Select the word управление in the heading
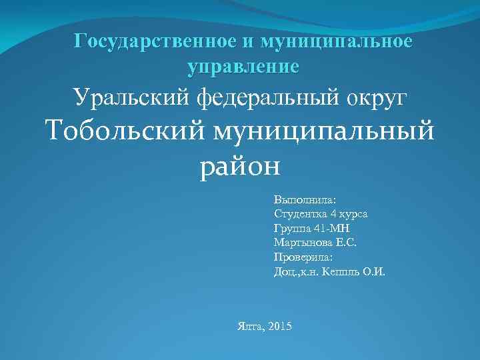click(x=244, y=66)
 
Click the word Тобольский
click(x=124, y=129)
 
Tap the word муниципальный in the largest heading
click(x=324, y=129)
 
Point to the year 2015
click(x=279, y=326)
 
